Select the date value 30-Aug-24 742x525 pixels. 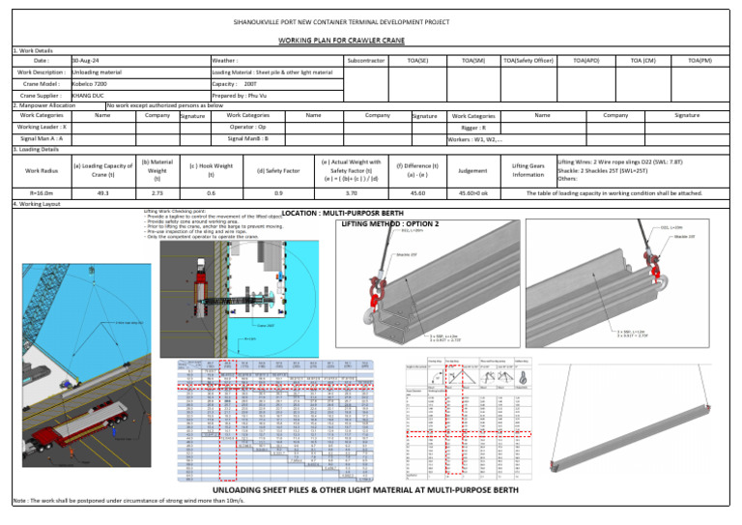(x=89, y=61)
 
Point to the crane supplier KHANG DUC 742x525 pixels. (x=88, y=97)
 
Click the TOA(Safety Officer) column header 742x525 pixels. (x=528, y=61)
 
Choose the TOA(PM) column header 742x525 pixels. (x=700, y=61)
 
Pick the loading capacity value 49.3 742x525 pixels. (x=102, y=193)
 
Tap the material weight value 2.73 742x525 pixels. (x=157, y=193)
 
